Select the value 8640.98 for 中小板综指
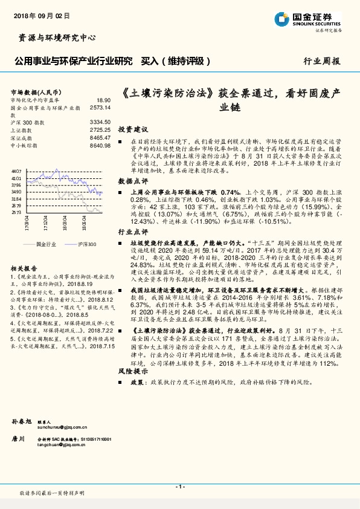(100, 146)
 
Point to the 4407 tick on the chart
(16, 172)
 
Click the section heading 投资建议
(132, 129)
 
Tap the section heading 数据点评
(132, 181)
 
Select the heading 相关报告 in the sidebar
(24, 267)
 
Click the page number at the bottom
(179, 487)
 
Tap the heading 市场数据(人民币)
(33, 91)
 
